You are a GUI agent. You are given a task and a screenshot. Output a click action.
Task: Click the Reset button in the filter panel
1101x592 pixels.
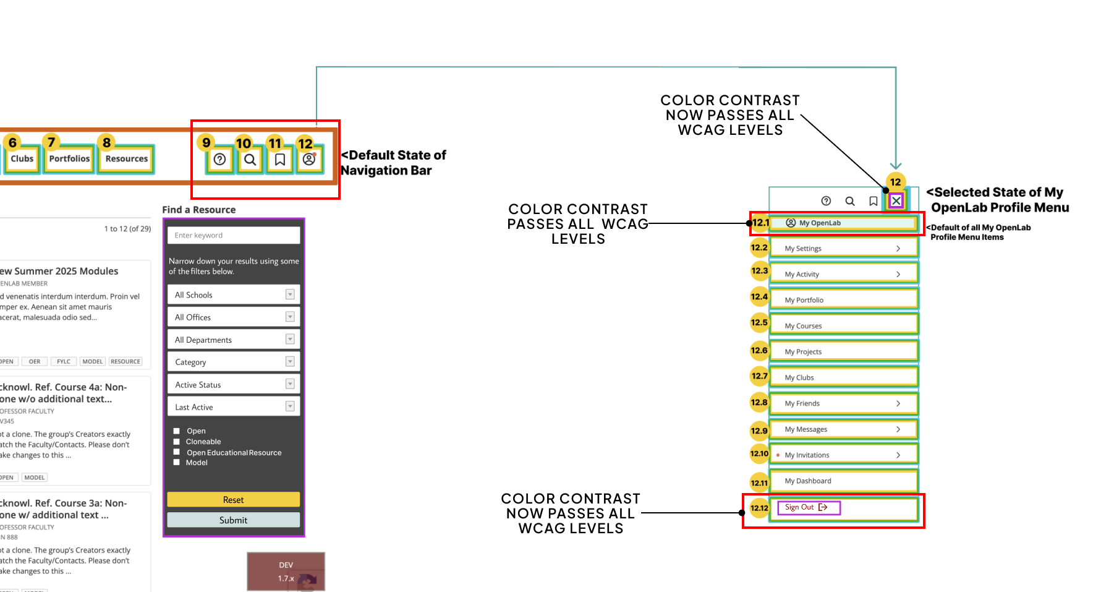click(233, 499)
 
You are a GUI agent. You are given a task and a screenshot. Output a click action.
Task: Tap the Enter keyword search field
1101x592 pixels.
click(233, 235)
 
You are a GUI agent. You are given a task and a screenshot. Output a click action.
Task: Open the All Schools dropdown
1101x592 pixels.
click(233, 294)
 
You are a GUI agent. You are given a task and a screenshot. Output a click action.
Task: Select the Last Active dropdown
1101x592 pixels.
click(233, 406)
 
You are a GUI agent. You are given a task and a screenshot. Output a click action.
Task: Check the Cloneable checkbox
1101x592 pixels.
click(177, 442)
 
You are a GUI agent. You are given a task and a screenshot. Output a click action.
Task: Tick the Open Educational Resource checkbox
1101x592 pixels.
click(177, 452)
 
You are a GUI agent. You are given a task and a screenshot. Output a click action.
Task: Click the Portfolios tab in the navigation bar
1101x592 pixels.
click(69, 158)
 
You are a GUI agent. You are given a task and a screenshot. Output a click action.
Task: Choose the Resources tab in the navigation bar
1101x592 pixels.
click(126, 158)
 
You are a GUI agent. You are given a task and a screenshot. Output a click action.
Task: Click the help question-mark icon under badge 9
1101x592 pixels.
click(219, 160)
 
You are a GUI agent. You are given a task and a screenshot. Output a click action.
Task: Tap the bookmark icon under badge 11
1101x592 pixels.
click(280, 160)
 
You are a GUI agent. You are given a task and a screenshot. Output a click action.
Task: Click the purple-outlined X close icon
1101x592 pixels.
click(896, 200)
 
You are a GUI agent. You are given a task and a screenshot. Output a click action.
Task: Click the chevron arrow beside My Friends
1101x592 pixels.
click(898, 403)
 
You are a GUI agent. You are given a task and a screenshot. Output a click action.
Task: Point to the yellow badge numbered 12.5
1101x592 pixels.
click(759, 322)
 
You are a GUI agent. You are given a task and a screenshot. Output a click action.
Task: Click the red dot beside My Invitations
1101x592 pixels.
click(778, 455)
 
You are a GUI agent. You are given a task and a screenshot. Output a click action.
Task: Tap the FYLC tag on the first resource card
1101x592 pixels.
click(64, 361)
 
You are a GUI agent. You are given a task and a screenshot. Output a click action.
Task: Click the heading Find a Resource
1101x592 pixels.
click(198, 210)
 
